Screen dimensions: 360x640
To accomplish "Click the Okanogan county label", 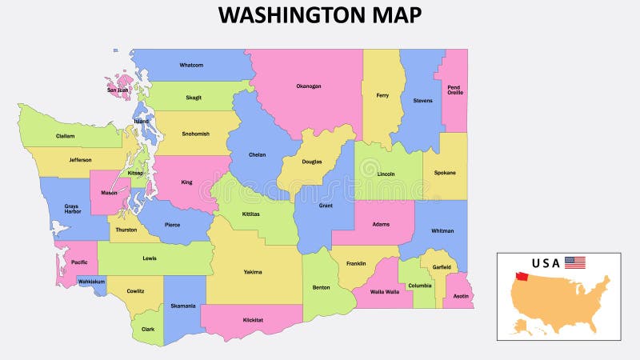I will pos(308,86).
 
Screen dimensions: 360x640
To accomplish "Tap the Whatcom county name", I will pos(191,65).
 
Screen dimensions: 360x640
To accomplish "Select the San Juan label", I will pos(118,90).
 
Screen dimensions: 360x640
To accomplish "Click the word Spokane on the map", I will pos(445,172).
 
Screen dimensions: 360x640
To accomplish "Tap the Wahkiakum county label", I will pos(91,282).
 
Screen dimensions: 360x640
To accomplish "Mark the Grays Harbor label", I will pos(72,210).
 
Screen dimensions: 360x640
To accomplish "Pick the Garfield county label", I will pos(442,266).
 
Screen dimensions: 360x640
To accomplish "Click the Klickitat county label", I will pos(253,319).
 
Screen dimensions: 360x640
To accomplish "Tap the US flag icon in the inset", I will pos(574,262).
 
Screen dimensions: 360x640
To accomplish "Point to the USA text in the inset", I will pos(546,263).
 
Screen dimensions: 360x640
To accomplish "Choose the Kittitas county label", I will pos(250,215).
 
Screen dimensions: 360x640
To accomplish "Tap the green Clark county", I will pos(148,328).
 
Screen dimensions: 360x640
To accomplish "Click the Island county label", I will pos(141,121).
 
